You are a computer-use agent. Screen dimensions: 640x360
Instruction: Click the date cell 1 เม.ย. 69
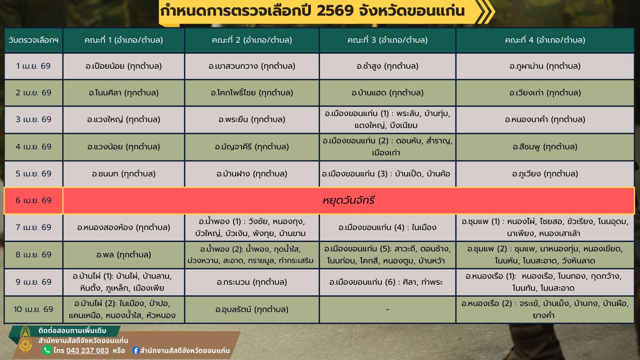[x=33, y=66]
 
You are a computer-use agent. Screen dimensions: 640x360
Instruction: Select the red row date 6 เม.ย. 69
[x=33, y=200]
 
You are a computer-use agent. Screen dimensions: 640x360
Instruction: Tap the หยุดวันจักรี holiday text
[x=348, y=200]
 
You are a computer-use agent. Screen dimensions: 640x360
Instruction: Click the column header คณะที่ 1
[x=124, y=40]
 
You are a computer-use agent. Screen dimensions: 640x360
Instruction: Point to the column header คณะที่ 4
[x=545, y=40]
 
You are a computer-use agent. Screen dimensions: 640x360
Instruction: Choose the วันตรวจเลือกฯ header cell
[x=33, y=40]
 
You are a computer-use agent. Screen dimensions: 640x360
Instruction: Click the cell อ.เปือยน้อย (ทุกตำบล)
[x=124, y=66]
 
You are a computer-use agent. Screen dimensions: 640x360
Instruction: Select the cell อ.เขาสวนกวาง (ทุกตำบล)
[x=252, y=66]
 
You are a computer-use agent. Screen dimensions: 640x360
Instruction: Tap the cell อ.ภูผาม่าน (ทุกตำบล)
[x=545, y=66]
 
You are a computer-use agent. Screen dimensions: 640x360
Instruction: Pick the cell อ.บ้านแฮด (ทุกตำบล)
[x=387, y=93]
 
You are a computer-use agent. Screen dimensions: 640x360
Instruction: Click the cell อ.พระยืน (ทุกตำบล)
[x=252, y=119]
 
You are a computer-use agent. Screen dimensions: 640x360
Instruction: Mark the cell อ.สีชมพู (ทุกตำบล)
[x=545, y=147]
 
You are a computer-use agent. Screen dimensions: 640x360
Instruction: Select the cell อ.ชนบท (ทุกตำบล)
[x=124, y=174]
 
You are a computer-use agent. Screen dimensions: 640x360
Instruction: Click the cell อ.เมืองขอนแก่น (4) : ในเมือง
[x=387, y=227]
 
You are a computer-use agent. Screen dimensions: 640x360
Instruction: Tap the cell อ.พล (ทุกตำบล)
[x=124, y=255]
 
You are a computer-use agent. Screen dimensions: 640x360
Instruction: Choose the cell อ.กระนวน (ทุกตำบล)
[x=252, y=282]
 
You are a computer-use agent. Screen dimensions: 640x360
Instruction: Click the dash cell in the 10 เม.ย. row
[x=387, y=309]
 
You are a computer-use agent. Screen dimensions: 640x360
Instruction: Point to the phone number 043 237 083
[x=87, y=351]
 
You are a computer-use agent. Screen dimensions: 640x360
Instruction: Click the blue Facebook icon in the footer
[x=136, y=350]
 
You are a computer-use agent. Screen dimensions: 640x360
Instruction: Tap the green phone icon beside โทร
[x=47, y=350]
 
